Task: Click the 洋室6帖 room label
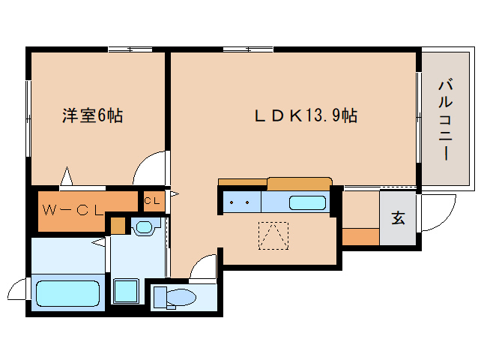coord(92,115)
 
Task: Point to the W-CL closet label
coord(73,210)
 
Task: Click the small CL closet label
coord(151,201)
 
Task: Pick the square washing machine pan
coord(125,291)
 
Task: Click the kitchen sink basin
coord(307,202)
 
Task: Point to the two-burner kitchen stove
coord(240,202)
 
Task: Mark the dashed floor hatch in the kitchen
coord(273,235)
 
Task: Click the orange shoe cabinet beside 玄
coord(360,237)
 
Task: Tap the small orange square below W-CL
coord(118,226)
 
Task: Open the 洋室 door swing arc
coord(150,169)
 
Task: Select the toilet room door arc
coord(204,265)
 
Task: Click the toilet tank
coord(160,298)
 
